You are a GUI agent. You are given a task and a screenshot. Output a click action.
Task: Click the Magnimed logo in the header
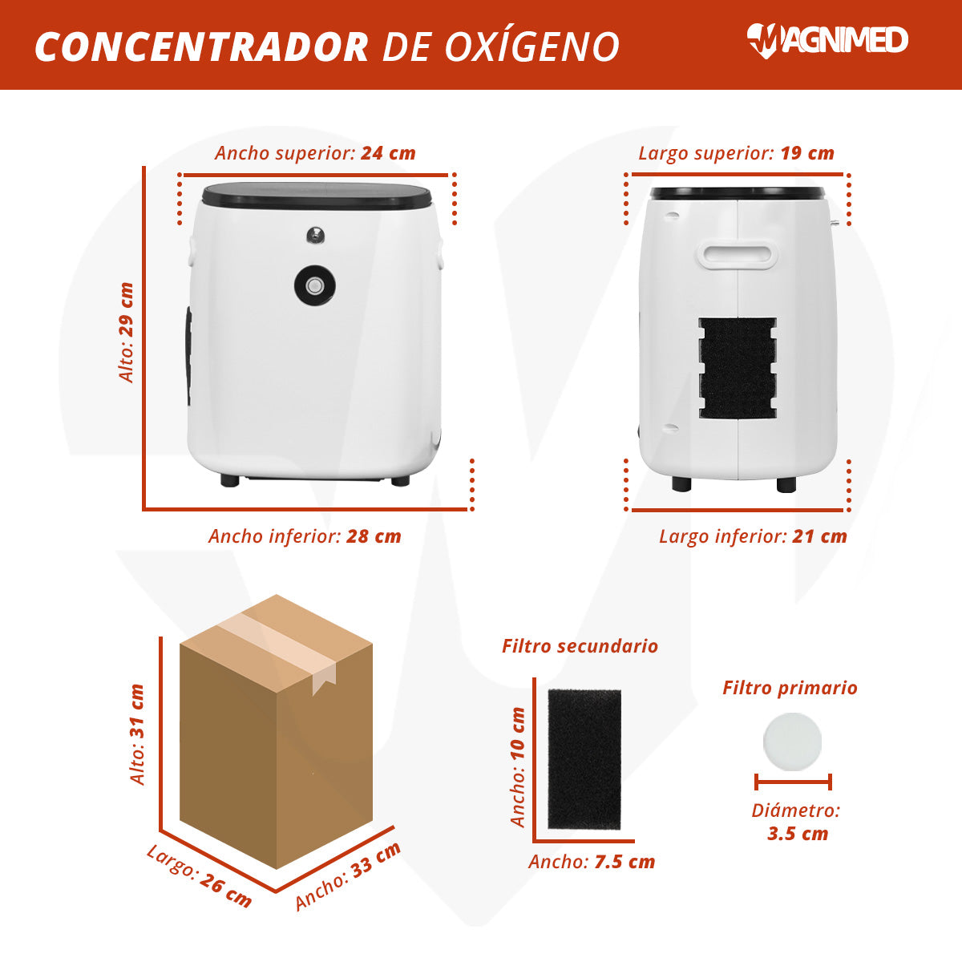coord(827,41)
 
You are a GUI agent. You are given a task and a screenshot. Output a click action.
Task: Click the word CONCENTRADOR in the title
coord(202,47)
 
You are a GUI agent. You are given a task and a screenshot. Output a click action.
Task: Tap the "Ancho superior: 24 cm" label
coord(315,153)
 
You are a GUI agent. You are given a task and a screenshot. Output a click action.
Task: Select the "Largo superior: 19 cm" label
coord(737,153)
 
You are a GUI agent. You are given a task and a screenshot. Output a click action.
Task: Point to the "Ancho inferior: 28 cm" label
coord(305,536)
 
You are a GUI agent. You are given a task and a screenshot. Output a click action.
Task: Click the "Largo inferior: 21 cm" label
coord(753,536)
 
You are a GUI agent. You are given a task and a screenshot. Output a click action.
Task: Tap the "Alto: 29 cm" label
coord(127,333)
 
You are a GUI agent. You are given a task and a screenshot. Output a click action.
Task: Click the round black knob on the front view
coord(314,285)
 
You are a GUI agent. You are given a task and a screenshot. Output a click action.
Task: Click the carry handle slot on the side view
coord(737,255)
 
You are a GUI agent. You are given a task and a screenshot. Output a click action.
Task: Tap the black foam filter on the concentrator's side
coord(738,368)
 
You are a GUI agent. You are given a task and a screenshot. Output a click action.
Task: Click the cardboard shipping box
coord(276,731)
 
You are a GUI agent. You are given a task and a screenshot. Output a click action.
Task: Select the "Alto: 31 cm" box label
coord(137,734)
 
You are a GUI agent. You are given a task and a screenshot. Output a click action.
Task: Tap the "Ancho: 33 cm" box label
coord(348,875)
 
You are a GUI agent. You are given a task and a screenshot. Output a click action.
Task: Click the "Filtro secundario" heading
coord(580,646)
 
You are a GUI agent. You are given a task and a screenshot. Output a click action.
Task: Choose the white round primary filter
coord(792,742)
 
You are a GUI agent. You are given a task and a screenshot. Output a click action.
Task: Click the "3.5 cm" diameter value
coord(797,833)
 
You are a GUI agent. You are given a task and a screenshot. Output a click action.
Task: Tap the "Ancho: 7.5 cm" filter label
coord(592,862)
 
